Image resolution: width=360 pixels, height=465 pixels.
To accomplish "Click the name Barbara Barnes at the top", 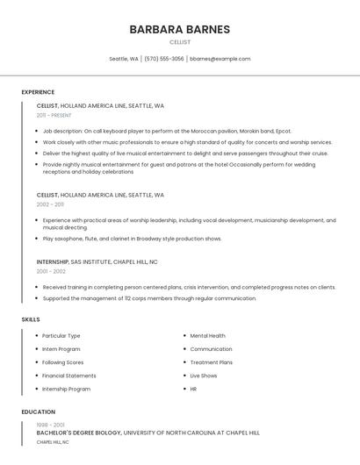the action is (x=179, y=29).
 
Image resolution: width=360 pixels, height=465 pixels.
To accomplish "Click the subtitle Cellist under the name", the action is (x=179, y=42).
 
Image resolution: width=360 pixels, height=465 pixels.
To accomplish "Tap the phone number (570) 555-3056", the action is (x=164, y=59).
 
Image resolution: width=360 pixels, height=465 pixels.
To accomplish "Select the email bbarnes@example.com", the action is (x=220, y=59).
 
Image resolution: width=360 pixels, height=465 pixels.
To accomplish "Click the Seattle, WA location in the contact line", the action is (x=124, y=59).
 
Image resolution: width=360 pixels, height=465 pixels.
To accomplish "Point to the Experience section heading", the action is (x=38, y=92).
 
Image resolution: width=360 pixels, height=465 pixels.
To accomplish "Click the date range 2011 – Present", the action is (x=54, y=115).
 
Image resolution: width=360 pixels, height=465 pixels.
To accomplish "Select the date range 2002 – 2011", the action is (x=50, y=204).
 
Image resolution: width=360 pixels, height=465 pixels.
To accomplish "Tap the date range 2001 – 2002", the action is (x=50, y=271).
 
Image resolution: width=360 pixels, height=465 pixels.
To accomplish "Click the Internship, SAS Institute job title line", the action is (x=97, y=261).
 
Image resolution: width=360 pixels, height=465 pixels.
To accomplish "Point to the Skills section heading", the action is (x=31, y=319).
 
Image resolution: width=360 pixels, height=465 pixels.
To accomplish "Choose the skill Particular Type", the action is (x=61, y=335).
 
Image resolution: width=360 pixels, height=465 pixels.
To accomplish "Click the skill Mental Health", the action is (x=207, y=335).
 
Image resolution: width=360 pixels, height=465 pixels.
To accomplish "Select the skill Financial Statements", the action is (x=69, y=376).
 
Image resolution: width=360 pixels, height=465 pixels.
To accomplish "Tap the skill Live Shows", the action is (x=204, y=376).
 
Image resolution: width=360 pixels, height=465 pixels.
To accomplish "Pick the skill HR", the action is (x=193, y=389).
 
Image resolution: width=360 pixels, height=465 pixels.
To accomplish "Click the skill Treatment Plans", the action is (x=211, y=362).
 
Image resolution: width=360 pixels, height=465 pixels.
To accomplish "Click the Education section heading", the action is (x=38, y=411).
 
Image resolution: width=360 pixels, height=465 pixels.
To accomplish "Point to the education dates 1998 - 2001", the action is (x=51, y=425).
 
